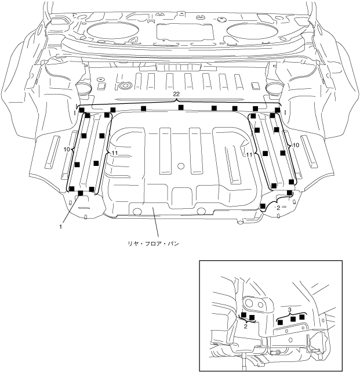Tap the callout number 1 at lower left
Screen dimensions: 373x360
pyautogui.click(x=60, y=227)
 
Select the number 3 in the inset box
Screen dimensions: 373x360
pyautogui.click(x=289, y=310)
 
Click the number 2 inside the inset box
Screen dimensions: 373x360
pyautogui.click(x=246, y=327)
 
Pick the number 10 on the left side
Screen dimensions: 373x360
pyautogui.click(x=67, y=149)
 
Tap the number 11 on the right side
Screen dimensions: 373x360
pyautogui.click(x=250, y=155)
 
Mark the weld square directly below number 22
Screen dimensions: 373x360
pyautogui.click(x=181, y=108)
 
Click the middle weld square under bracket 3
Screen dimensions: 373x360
pyautogui.click(x=293, y=318)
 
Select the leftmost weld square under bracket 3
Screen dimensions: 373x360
pyautogui.click(x=281, y=321)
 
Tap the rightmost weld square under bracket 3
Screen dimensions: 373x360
pyautogui.click(x=302, y=317)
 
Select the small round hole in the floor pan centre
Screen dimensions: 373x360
pyautogui.click(x=181, y=166)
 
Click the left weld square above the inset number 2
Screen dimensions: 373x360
pyautogui.click(x=243, y=315)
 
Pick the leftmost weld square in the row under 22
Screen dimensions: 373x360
pyautogui.click(x=82, y=110)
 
